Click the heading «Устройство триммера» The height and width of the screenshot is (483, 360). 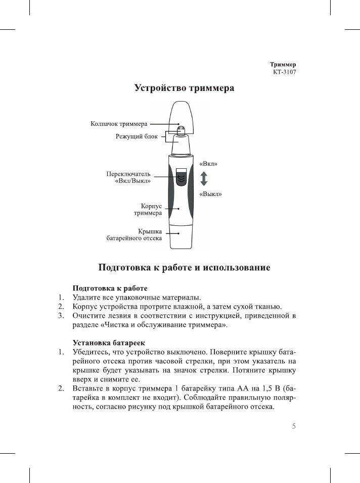tap(184, 88)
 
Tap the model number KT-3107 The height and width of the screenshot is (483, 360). tap(284, 72)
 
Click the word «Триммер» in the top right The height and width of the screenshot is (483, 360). tap(283, 65)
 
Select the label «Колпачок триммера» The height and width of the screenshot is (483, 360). tap(119, 123)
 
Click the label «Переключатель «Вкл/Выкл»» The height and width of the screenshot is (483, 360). tap(128, 177)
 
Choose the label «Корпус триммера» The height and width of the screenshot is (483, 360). tap(147, 210)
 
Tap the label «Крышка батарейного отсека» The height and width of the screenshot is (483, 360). tap(134, 234)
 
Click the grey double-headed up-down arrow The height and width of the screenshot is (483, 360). tap(204, 179)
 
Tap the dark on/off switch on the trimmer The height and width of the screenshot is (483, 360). tap(182, 178)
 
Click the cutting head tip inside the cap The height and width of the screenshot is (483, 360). tap(182, 130)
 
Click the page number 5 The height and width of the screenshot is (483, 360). tap(293, 425)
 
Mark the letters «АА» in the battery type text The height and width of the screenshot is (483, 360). tap(229, 389)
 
